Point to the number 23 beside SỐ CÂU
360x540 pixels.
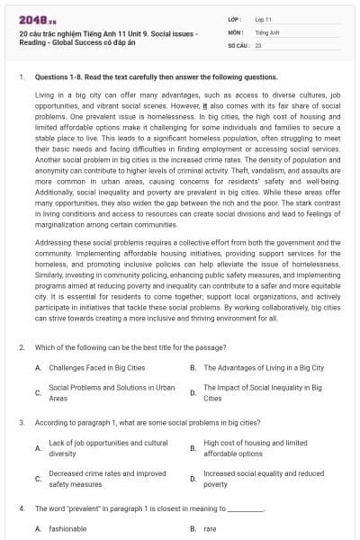(x=258, y=43)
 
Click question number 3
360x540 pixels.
(x=21, y=421)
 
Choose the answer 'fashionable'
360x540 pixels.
(x=67, y=529)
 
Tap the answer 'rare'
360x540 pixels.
(x=210, y=529)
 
